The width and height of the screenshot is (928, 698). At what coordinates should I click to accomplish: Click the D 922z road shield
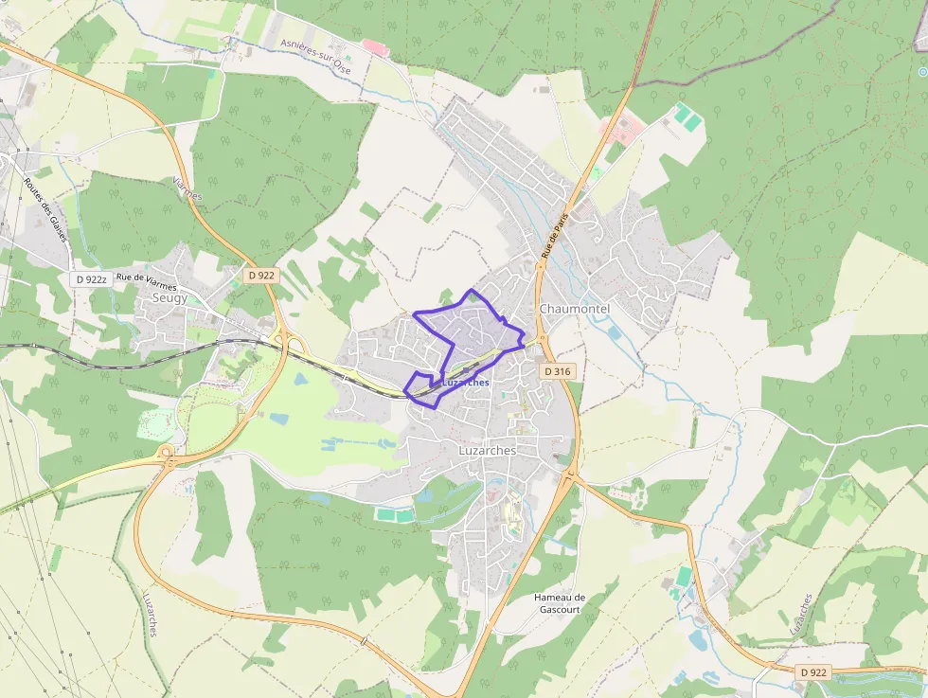[x=91, y=279]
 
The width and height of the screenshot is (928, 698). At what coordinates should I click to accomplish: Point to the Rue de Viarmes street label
[x=146, y=277]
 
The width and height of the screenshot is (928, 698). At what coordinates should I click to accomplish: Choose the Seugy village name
[x=170, y=297]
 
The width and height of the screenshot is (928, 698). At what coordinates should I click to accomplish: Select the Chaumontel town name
[x=575, y=309]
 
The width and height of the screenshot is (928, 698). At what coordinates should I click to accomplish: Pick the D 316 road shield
[x=558, y=372]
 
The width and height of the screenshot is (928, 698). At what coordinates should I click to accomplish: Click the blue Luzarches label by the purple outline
[x=465, y=383]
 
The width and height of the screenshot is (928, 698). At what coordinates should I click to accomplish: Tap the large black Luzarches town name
[x=487, y=451]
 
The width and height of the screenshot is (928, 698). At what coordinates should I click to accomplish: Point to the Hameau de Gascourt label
[x=560, y=603]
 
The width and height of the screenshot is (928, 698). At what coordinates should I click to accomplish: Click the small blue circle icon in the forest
[x=922, y=72]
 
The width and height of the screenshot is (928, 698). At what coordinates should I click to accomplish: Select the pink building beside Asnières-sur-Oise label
[x=375, y=46]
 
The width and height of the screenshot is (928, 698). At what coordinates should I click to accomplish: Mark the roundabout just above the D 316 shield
[x=541, y=340]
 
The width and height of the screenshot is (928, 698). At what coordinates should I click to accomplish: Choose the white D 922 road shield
[x=812, y=671]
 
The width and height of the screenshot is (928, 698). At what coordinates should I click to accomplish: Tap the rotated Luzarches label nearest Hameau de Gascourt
[x=801, y=615]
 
